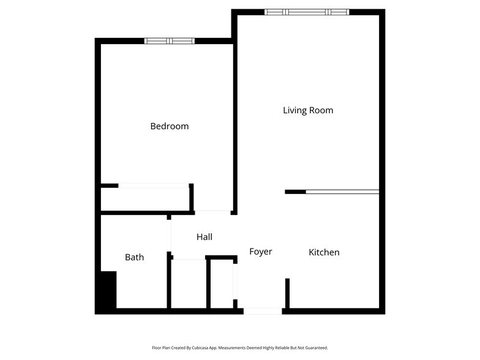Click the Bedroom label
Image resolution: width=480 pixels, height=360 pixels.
169,126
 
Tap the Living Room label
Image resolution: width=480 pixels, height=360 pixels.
308,110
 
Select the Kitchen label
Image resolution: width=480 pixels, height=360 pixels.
324,252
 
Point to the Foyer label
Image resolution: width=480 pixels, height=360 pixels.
260,252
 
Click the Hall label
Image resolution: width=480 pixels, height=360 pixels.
204,237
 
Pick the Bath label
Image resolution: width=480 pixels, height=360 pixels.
134,257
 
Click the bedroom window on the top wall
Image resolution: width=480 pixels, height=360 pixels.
169,41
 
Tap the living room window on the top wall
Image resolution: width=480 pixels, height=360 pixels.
307,12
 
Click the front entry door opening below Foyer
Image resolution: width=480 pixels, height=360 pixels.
263,311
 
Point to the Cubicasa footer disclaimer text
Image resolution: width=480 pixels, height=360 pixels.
240,347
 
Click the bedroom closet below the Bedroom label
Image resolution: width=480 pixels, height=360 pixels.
146,198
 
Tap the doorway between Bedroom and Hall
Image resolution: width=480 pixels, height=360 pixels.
212,212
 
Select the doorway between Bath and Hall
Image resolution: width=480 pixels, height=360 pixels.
170,235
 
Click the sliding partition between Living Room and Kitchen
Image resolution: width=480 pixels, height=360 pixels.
342,192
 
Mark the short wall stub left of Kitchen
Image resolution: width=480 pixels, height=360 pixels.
287,293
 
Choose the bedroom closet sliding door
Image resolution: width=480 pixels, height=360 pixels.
153,185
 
